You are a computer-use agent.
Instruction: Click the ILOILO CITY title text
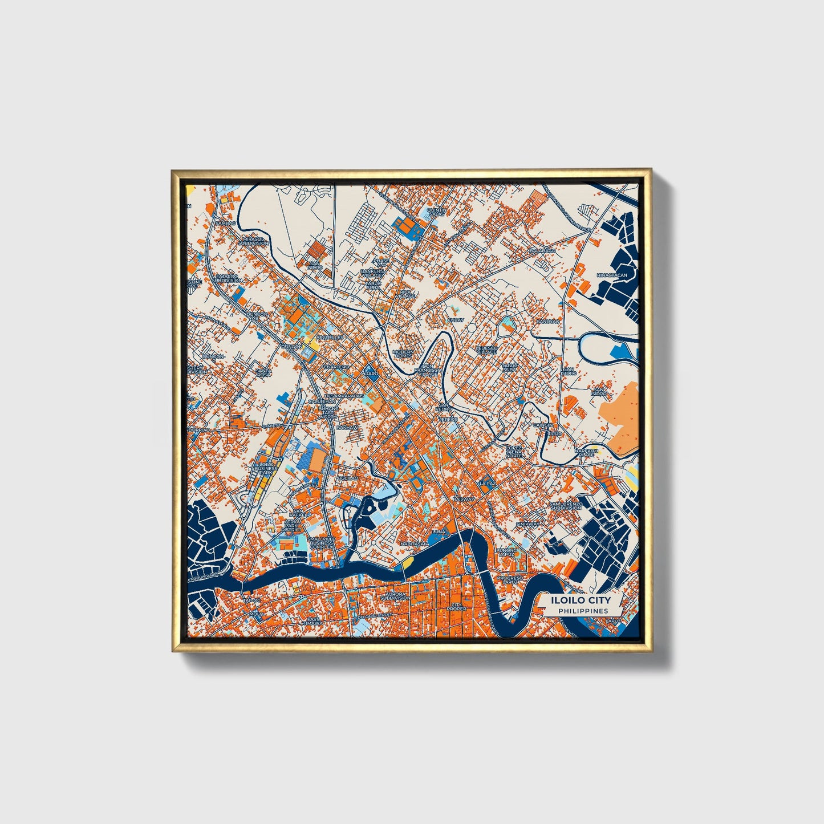tap(580, 600)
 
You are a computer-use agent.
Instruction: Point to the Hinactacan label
tap(611, 275)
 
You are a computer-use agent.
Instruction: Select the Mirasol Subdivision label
tap(253, 241)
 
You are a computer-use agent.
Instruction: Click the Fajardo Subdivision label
tap(228, 278)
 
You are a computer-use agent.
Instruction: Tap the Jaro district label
tap(371, 374)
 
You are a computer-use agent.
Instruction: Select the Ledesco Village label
tap(486, 350)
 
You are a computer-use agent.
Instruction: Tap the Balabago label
tap(542, 250)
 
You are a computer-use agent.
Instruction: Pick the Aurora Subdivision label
tap(395, 596)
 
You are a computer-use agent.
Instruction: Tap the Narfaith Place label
tap(586, 452)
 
